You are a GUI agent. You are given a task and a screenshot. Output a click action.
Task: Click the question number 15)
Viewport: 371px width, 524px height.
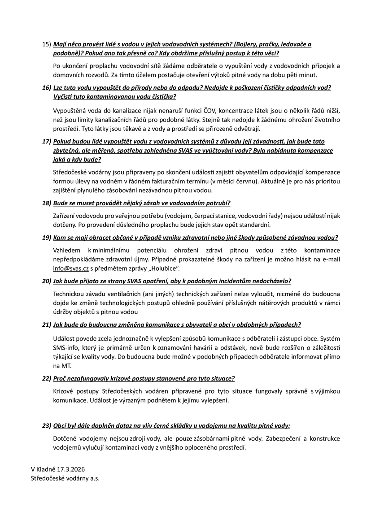[47, 44]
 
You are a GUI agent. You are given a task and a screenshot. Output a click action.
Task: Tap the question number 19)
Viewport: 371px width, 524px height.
[47, 237]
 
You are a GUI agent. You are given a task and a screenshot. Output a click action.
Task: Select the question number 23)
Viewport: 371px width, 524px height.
[47, 425]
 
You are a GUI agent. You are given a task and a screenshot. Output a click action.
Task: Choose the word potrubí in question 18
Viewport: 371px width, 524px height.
[218, 203]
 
